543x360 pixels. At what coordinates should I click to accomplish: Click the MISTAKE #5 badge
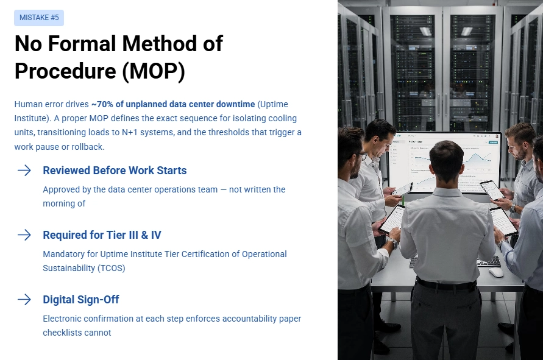[x=39, y=18]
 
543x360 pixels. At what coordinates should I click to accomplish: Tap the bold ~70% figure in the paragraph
[x=104, y=104]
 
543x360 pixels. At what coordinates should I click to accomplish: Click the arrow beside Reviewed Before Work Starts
[x=24, y=171]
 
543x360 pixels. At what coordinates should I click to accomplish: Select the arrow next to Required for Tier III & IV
[x=24, y=235]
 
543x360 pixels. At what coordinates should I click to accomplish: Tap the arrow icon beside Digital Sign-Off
[x=24, y=300]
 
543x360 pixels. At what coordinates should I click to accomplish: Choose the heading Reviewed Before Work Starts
[x=115, y=171]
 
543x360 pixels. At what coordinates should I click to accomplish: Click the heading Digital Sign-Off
[x=80, y=300]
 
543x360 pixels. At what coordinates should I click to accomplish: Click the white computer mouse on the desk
[x=496, y=272]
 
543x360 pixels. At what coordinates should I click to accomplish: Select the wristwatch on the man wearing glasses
[x=392, y=241]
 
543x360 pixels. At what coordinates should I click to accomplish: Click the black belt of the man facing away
[x=447, y=284]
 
